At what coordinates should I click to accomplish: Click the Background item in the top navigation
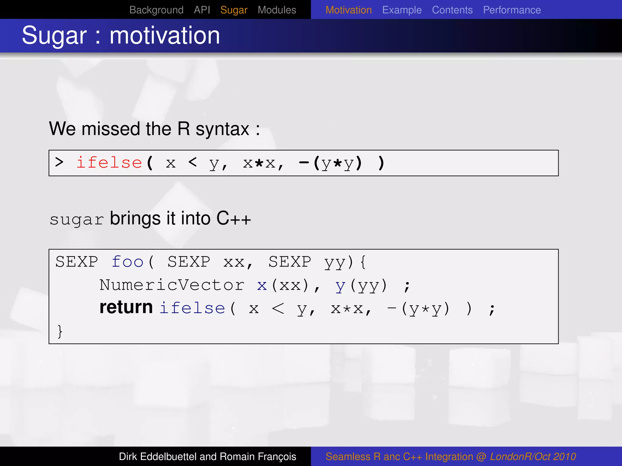156,10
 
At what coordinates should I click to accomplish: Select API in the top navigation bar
202,10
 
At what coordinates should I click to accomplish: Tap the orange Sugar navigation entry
234,10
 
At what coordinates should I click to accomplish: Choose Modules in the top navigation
277,10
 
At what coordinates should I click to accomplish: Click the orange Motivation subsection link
348,10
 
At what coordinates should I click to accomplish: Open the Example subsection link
402,10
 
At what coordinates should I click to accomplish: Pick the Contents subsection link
452,10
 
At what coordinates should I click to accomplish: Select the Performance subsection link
512,10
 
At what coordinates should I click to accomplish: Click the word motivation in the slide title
165,35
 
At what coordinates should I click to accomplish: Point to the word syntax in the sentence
222,129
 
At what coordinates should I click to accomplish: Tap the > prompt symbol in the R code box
60,162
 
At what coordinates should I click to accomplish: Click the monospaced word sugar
77,220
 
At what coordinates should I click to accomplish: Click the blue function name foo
127,262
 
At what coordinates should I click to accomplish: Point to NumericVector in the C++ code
172,285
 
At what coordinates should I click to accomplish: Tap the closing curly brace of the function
60,331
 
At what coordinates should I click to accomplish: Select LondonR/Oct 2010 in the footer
533,457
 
